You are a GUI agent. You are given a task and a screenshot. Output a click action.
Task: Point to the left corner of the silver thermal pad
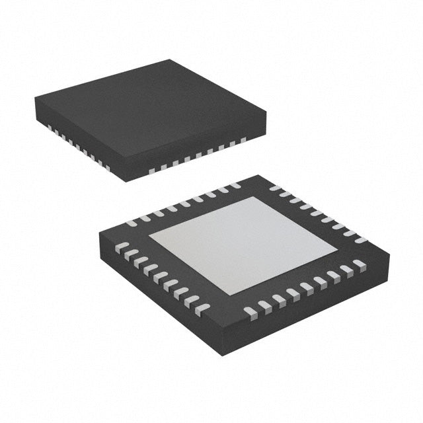[x=149, y=237]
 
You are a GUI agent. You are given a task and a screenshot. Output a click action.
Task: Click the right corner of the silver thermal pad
[x=336, y=248]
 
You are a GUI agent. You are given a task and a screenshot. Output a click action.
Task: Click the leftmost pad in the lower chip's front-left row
[x=122, y=247]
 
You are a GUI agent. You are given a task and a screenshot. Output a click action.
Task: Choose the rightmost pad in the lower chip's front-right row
[x=359, y=263]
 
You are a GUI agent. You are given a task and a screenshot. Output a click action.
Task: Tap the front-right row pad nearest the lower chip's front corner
[x=249, y=311]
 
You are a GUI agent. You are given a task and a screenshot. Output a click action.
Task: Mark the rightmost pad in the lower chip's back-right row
[x=360, y=239]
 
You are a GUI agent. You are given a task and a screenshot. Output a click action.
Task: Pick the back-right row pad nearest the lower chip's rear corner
[x=274, y=187]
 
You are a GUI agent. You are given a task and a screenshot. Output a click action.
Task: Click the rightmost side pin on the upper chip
[x=243, y=139]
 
